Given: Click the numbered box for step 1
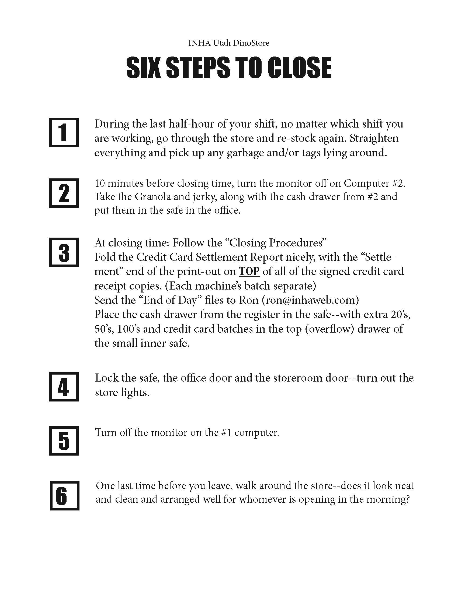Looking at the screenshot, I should (x=64, y=133).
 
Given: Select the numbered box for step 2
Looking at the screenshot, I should (x=64, y=193).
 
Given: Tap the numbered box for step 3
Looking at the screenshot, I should (x=64, y=252).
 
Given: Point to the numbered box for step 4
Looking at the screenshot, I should (x=64, y=387).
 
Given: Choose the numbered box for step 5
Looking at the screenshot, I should (x=64, y=441).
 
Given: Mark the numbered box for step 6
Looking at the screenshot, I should (x=65, y=496).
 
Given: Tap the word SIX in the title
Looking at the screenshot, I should (x=143, y=68).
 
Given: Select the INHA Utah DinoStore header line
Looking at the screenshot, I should (x=229, y=43).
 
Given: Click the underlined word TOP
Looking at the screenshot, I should (x=249, y=271).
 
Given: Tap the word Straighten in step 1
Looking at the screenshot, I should (x=374, y=138).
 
